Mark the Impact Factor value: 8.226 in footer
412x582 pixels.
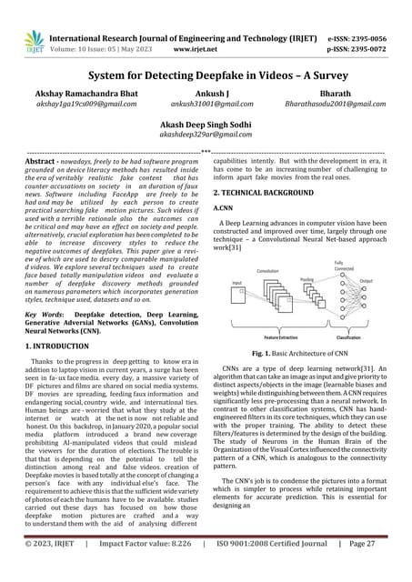point(154,568)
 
